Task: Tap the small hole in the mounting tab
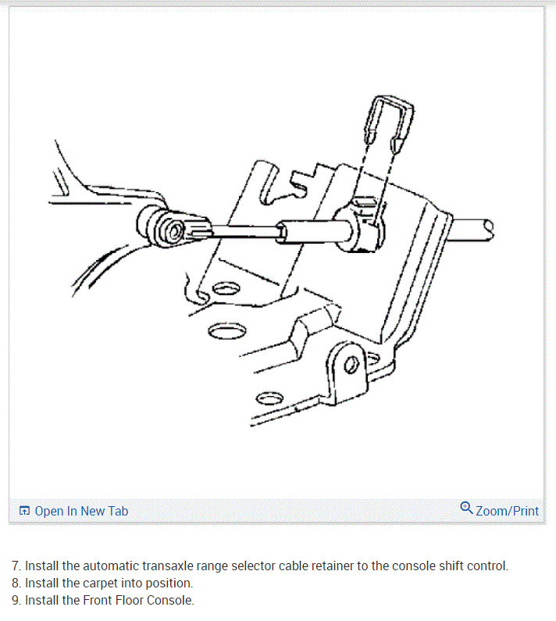(351, 364)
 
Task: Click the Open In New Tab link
(81, 511)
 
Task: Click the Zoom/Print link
(507, 511)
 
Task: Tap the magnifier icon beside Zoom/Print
(466, 509)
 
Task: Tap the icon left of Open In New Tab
(24, 511)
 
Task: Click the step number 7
(15, 566)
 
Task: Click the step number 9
(15, 600)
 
